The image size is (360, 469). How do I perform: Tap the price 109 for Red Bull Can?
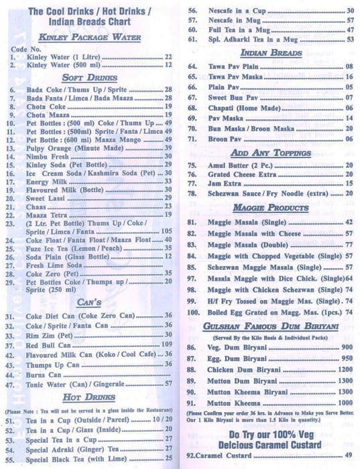coord(167,344)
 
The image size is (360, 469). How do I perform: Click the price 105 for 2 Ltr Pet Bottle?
coord(167,230)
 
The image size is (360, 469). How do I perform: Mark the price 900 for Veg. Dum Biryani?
coord(347,347)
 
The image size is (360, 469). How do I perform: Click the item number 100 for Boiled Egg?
coord(194,312)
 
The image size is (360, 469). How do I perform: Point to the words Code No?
coord(26,49)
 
